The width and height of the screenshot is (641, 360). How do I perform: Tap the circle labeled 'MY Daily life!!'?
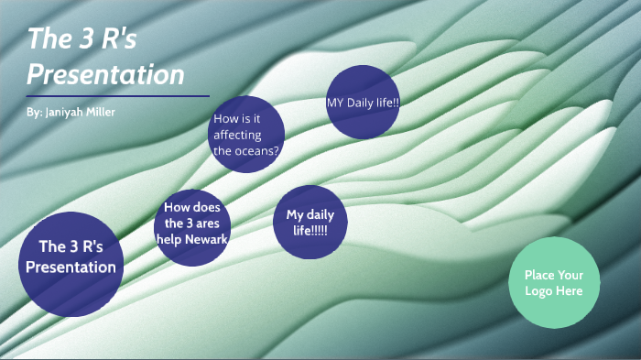coord(363,102)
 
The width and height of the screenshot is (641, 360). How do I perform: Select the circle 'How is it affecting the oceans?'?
coord(246,134)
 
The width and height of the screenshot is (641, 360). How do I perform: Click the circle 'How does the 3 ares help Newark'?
coord(192,224)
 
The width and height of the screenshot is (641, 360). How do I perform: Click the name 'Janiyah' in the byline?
coord(66,112)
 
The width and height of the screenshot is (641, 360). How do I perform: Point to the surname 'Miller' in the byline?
coord(102,112)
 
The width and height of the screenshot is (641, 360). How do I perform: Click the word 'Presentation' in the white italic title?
coord(105,73)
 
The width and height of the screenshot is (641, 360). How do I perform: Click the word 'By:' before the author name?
coord(35,112)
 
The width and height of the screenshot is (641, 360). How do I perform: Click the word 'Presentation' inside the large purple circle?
coord(71,267)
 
